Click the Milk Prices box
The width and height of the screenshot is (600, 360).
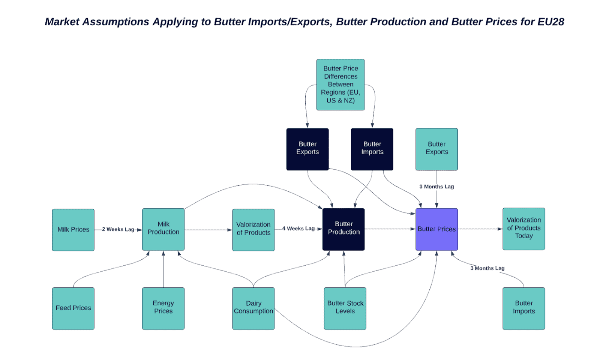click(x=73, y=230)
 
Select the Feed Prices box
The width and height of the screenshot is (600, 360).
click(x=73, y=308)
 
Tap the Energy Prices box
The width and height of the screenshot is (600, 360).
click(x=163, y=308)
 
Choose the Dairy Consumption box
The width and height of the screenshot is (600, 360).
click(x=253, y=308)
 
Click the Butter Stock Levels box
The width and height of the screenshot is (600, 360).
click(x=345, y=308)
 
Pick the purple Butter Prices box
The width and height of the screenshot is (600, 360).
click(x=436, y=229)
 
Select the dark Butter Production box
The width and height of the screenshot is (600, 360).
click(x=343, y=229)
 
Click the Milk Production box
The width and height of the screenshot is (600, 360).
click(x=163, y=229)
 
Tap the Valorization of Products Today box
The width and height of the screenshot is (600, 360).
click(x=523, y=229)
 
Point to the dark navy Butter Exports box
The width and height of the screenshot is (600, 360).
click(x=307, y=149)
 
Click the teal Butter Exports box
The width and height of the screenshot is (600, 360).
click(x=436, y=149)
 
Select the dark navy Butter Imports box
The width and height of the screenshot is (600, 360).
click(x=372, y=149)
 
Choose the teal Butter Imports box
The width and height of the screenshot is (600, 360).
click(x=523, y=308)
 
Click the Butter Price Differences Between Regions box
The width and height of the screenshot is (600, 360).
click(x=340, y=85)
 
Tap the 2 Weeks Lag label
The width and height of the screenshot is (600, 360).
click(x=118, y=229)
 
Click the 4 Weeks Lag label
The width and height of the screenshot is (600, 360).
click(x=298, y=228)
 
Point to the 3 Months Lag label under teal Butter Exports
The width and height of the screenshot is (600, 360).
click(x=436, y=186)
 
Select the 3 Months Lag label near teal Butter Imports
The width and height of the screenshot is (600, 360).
click(x=487, y=268)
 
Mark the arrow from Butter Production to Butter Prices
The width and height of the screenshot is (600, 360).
click(x=390, y=229)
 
